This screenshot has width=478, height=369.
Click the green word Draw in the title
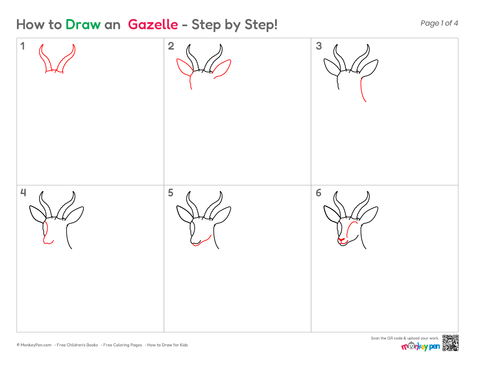click(83, 24)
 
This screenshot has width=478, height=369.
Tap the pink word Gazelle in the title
click(153, 24)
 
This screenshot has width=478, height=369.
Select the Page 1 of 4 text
click(439, 23)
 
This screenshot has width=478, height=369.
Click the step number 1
click(23, 46)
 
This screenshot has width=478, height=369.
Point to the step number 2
click(171, 46)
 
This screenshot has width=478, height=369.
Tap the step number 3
click(319, 46)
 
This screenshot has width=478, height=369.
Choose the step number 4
click(23, 193)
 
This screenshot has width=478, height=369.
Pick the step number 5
click(171, 193)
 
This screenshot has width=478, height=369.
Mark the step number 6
click(319, 193)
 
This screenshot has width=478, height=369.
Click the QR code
click(451, 343)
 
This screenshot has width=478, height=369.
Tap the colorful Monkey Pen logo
click(420, 346)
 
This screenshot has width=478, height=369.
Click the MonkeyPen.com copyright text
click(34, 345)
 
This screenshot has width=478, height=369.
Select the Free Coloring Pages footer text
click(123, 345)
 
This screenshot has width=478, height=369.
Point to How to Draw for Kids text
click(167, 345)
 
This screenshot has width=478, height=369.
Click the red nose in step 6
click(342, 240)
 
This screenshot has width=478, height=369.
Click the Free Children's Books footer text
click(77, 345)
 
